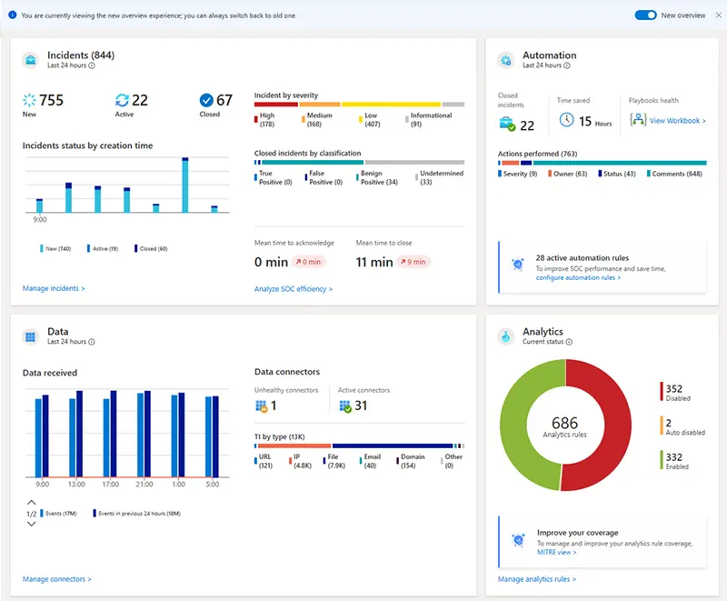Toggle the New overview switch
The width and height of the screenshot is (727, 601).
pyautogui.click(x=645, y=15)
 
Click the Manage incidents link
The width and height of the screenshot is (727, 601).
pyautogui.click(x=54, y=288)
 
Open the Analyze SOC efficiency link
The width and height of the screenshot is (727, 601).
pyautogui.click(x=294, y=289)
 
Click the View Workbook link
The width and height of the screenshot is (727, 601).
pyautogui.click(x=677, y=121)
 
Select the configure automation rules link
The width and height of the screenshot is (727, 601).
pyautogui.click(x=578, y=277)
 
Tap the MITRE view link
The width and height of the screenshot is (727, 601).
pyautogui.click(x=555, y=552)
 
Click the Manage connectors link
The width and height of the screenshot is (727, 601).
pyautogui.click(x=56, y=579)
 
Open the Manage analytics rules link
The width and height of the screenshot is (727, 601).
pyautogui.click(x=536, y=579)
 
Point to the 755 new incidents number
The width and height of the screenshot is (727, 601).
pyautogui.click(x=51, y=100)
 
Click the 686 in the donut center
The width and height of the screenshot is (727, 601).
pyautogui.click(x=564, y=423)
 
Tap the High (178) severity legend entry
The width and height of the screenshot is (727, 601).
pyautogui.click(x=268, y=120)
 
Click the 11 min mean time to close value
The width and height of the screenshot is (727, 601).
pyautogui.click(x=374, y=262)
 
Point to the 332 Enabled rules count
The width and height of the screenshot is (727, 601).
pyautogui.click(x=673, y=456)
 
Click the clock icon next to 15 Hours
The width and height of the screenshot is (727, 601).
pyautogui.click(x=566, y=120)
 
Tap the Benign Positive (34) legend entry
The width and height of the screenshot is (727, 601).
pyautogui.click(x=378, y=177)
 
